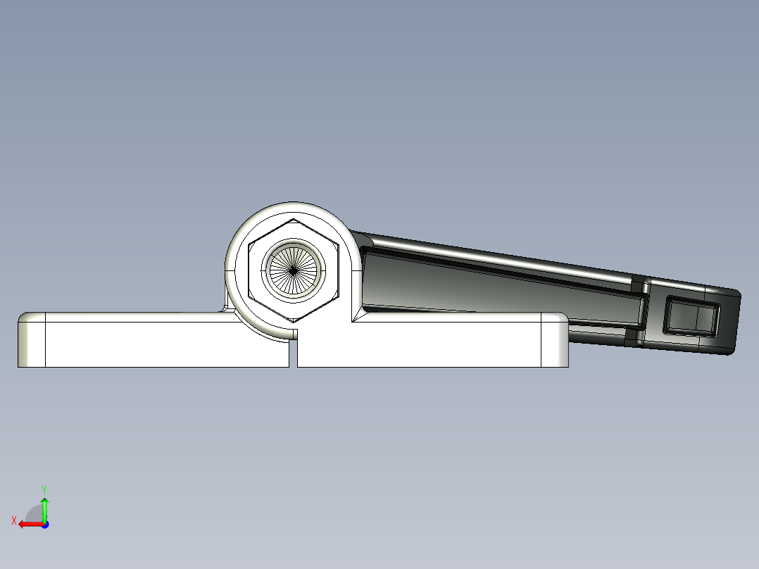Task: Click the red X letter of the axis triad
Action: click(x=13, y=520)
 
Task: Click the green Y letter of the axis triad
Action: click(x=44, y=488)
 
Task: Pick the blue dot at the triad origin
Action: click(x=44, y=524)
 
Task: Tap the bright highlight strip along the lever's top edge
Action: click(x=493, y=258)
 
